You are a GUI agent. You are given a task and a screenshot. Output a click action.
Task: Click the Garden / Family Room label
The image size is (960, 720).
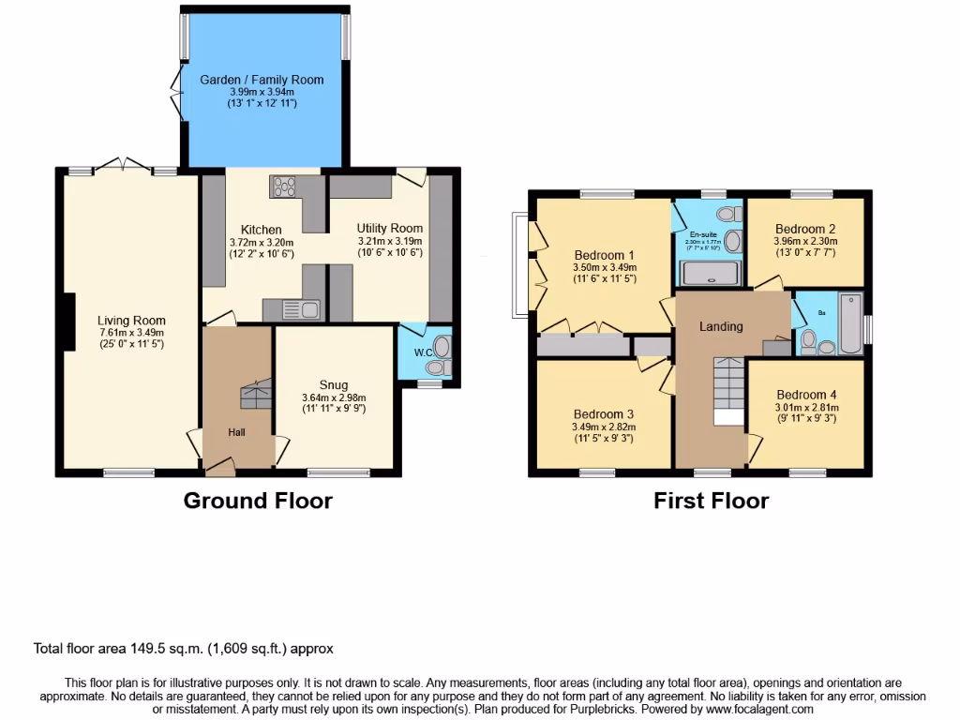click(x=262, y=80)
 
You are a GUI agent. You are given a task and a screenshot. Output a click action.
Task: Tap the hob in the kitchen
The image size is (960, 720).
click(x=282, y=187)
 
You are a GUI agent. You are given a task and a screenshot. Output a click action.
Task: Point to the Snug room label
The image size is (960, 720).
click(x=334, y=384)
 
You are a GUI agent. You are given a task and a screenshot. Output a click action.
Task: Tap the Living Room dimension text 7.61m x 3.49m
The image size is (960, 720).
click(x=131, y=333)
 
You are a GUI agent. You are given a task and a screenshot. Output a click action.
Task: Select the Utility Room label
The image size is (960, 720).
click(x=390, y=228)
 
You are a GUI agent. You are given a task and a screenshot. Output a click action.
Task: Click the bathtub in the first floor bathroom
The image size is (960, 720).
click(x=850, y=323)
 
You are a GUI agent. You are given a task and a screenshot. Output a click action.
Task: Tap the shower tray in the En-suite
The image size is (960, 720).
click(x=710, y=274)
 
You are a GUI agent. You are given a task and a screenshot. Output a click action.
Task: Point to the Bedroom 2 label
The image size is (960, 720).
click(x=805, y=229)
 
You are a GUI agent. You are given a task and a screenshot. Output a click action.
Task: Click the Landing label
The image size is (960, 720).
click(x=722, y=326)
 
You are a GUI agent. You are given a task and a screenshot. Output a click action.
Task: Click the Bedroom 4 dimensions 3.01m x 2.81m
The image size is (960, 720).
click(x=806, y=407)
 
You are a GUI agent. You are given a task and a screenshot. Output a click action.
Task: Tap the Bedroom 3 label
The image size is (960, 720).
click(x=604, y=414)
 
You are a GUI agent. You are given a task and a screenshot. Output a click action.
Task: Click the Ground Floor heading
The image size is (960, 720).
click(x=258, y=501)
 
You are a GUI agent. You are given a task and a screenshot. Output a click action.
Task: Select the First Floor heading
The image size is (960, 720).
click(x=711, y=501)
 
